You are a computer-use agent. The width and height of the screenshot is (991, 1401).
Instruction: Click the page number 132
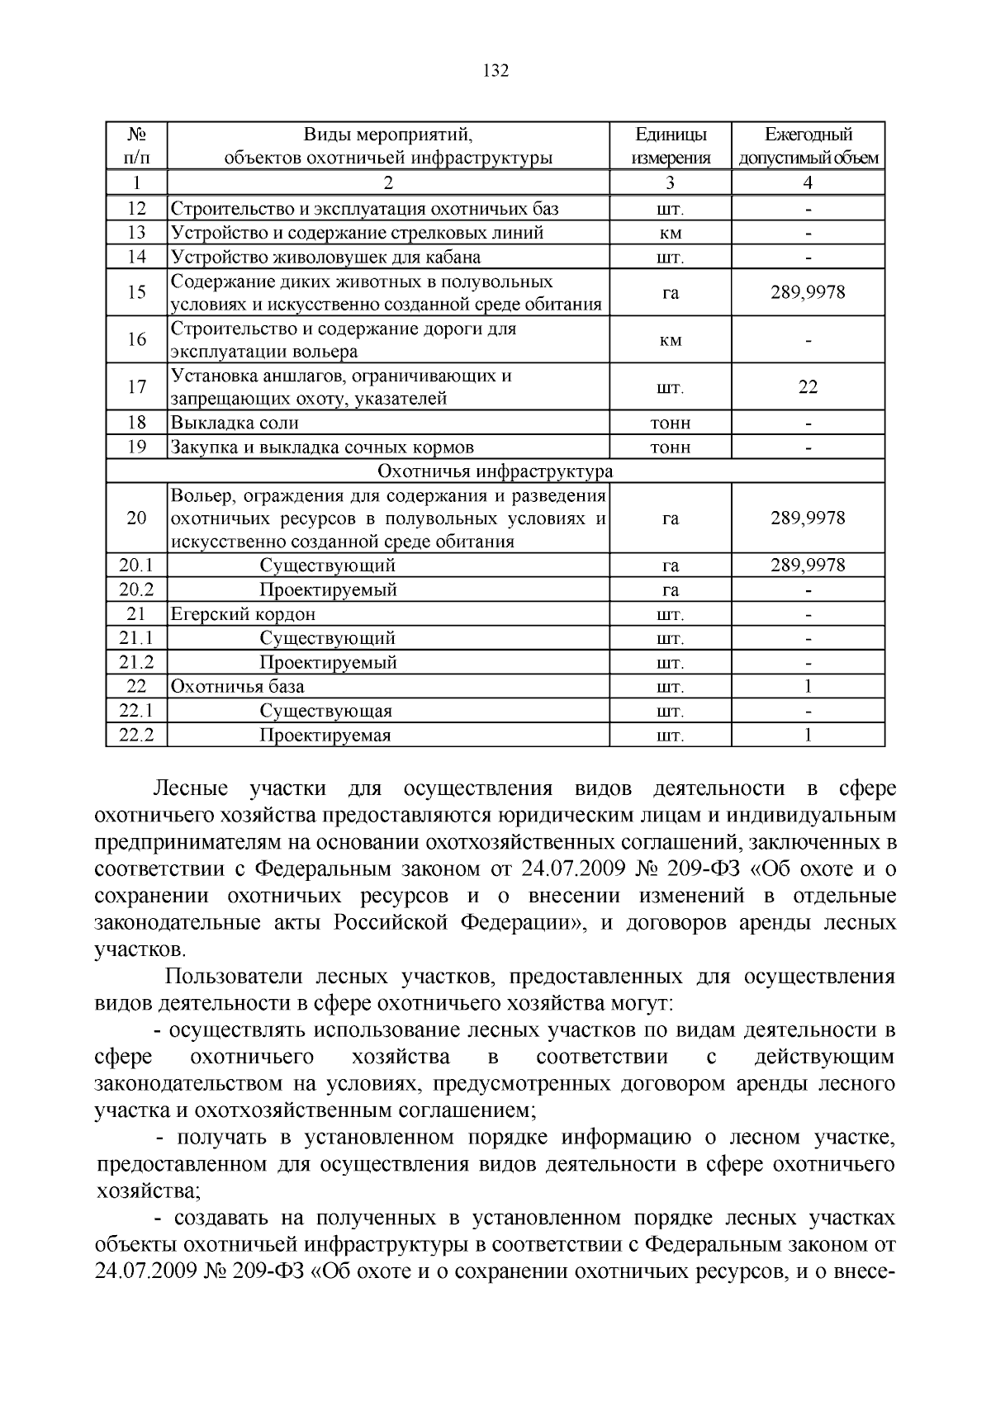pos(495,71)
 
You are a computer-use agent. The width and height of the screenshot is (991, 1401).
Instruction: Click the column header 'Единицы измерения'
pos(671,146)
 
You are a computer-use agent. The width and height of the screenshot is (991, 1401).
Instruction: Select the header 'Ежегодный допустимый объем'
pos(808,146)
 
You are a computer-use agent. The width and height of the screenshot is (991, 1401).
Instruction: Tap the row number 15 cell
pos(137,292)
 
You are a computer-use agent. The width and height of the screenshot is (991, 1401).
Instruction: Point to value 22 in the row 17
pos(808,387)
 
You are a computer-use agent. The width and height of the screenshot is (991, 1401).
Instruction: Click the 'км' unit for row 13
pos(671,234)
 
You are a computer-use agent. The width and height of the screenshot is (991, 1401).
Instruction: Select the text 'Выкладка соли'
pos(235,424)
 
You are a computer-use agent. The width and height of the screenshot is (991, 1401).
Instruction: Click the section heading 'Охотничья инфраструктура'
pos(495,471)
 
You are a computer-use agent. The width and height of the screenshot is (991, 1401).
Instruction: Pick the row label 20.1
pos(137,566)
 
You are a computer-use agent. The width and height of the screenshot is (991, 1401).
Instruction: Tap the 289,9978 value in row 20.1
pos(808,566)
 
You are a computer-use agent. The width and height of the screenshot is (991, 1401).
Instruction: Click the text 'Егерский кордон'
pos(243,614)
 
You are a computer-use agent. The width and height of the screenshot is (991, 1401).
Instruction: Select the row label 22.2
pos(137,736)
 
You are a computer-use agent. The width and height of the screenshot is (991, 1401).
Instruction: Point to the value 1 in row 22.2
pos(808,736)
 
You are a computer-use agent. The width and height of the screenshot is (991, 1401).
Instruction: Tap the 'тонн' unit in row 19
pos(671,447)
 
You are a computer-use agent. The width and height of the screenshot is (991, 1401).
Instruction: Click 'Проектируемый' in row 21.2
pos(328,663)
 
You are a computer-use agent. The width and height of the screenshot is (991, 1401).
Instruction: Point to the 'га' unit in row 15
pos(671,292)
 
